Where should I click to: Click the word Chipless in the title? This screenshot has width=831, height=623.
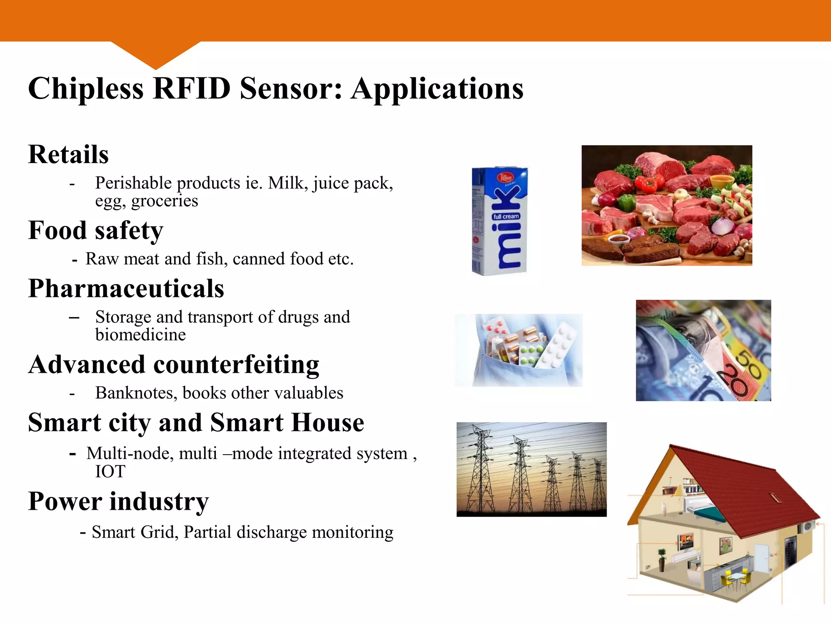point(86,88)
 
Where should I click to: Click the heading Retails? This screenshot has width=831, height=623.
point(68,155)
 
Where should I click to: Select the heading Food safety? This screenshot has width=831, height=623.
point(95,230)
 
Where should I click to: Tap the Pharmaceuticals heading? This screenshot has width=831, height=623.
point(126,289)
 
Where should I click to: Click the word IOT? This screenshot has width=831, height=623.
point(110,471)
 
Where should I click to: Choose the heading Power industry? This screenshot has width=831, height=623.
point(118,501)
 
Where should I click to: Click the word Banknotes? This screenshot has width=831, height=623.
point(136,393)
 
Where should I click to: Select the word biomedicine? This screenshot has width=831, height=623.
point(140,335)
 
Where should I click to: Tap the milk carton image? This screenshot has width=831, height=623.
point(500,221)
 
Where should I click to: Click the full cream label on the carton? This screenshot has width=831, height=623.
point(506,217)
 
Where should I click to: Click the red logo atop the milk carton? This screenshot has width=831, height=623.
point(506,178)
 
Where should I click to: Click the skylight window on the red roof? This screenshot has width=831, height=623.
point(775,497)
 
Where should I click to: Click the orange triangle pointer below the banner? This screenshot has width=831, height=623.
point(155,55)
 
